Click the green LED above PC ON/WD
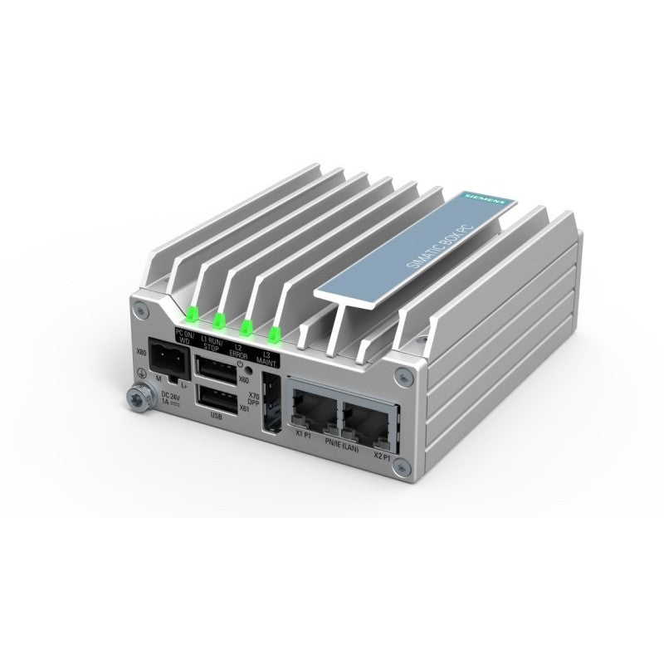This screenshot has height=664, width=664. [189, 314]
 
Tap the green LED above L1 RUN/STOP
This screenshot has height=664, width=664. [219, 320]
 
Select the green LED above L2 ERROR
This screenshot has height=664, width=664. [246, 326]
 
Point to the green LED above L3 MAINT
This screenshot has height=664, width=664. [273, 334]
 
